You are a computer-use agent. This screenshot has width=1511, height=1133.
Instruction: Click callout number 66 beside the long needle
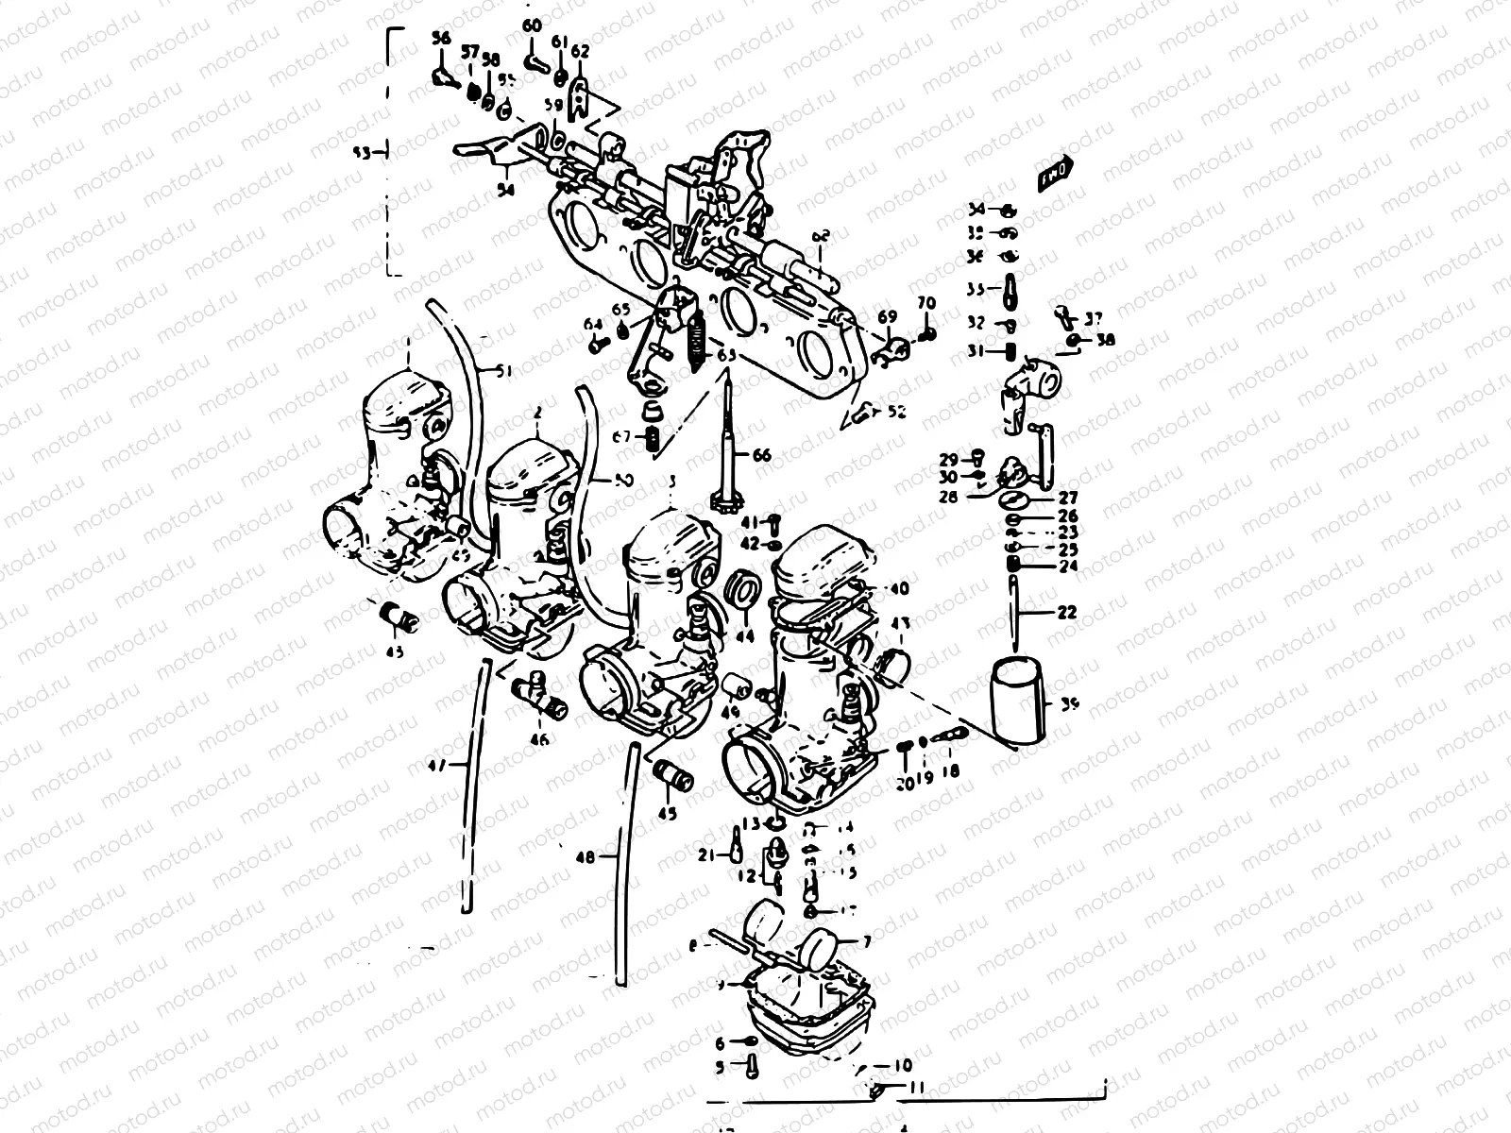coord(761,455)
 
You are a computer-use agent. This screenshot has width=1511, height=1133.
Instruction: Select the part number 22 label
coord(1067,613)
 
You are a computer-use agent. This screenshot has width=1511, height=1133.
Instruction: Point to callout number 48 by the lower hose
coord(586,857)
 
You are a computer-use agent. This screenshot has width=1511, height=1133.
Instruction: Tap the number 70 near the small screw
coord(926,304)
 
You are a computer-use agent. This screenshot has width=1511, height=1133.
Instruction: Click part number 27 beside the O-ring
coord(1067,498)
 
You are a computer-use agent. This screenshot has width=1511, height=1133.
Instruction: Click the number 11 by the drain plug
coord(915,1088)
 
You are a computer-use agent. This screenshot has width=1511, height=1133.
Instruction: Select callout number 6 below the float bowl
coord(721,1043)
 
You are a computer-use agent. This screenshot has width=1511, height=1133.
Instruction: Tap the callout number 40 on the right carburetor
coord(899,588)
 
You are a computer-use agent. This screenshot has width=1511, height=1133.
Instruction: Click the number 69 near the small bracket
coord(887,316)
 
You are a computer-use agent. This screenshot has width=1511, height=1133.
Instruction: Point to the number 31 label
coord(976,351)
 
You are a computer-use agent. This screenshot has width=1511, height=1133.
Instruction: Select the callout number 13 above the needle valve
coord(750,823)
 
